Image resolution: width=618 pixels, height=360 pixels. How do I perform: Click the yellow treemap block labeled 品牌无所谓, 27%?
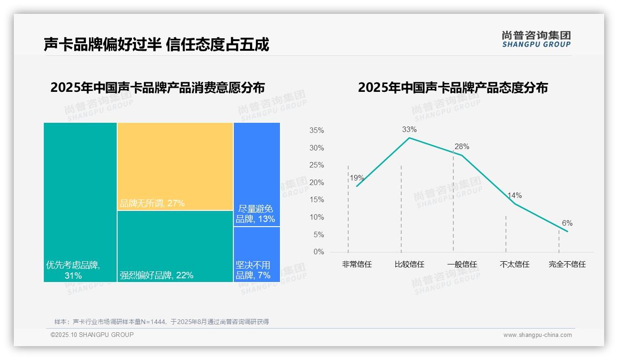(175, 166)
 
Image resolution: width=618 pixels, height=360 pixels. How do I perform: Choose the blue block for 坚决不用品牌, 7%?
(256, 254)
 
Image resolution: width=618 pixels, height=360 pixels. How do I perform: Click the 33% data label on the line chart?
(409, 130)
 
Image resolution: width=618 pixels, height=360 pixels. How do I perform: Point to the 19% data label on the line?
(357, 178)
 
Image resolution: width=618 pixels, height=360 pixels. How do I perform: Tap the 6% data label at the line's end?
(567, 223)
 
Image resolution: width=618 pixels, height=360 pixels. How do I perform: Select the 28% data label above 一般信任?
(462, 147)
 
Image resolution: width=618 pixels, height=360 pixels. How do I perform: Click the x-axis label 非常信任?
(357, 264)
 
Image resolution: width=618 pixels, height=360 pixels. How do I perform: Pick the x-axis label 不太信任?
(514, 264)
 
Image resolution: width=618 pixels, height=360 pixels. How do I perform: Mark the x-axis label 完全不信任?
(567, 264)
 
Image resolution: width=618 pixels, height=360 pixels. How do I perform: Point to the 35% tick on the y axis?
(316, 131)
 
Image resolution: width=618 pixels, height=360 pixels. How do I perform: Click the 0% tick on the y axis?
(319, 252)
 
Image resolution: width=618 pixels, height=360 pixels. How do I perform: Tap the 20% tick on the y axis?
(316, 183)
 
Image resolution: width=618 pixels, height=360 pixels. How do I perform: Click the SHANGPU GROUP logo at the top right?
(536, 39)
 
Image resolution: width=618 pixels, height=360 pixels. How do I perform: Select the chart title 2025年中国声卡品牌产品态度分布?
(452, 88)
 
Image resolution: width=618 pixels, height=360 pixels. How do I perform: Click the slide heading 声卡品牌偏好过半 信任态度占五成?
(156, 45)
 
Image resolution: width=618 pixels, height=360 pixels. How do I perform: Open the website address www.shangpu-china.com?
(537, 335)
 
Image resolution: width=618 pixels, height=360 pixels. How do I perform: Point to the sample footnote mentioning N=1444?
(161, 322)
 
